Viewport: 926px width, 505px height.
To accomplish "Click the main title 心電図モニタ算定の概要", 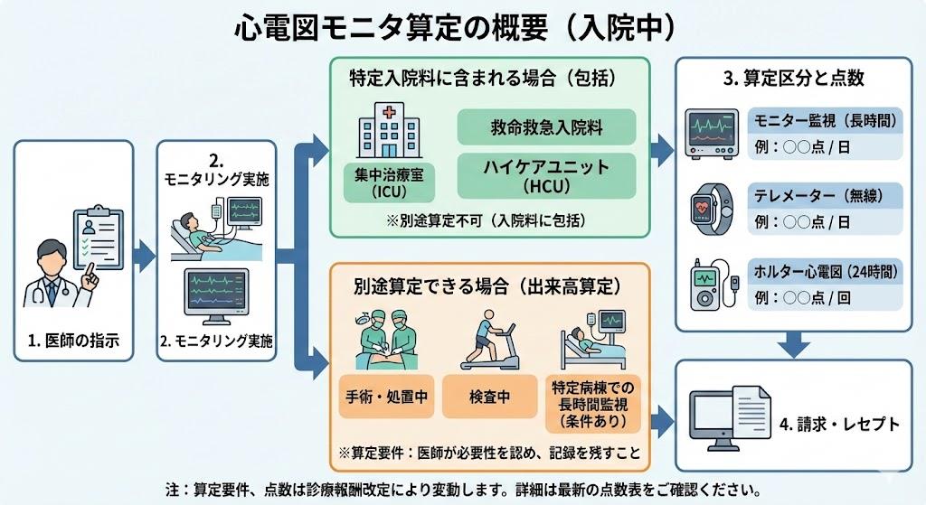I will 391,28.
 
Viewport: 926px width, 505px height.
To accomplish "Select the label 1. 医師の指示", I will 74,341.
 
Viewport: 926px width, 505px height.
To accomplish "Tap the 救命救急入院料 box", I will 546,127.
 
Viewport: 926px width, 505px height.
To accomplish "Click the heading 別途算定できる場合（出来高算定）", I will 487,286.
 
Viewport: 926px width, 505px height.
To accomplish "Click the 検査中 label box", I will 488,396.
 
